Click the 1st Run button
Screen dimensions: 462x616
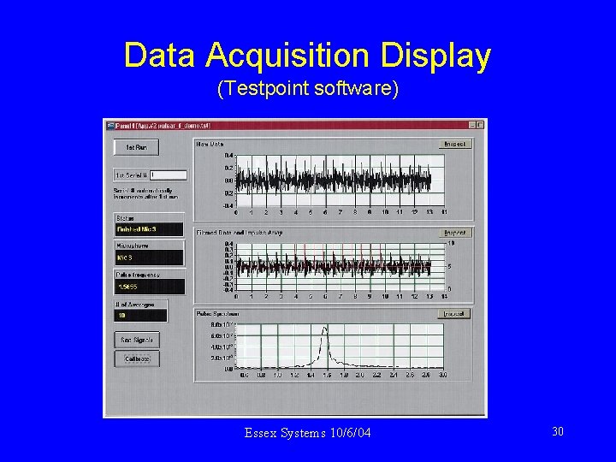click(136, 147)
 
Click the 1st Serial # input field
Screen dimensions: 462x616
click(163, 175)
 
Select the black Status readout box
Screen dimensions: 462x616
click(149, 229)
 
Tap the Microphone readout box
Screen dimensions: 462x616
click(149, 257)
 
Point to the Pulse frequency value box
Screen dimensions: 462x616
click(149, 286)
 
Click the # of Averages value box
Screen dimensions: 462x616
click(140, 314)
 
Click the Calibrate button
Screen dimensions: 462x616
click(136, 358)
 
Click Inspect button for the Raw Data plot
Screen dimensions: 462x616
click(455, 144)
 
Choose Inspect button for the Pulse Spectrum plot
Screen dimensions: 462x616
click(455, 314)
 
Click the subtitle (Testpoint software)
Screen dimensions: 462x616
click(308, 88)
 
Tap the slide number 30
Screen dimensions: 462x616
click(557, 432)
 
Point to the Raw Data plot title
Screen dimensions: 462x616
click(210, 145)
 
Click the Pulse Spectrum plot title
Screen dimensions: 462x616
click(216, 314)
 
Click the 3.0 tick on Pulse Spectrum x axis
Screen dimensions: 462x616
click(443, 375)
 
